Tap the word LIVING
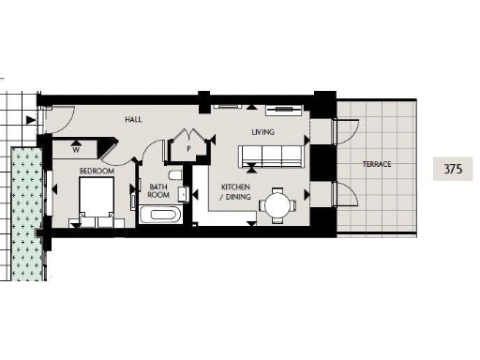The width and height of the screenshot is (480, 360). pyautogui.click(x=262, y=132)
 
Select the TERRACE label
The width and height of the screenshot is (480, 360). pyautogui.click(x=377, y=164)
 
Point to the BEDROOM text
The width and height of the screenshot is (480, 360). pyautogui.click(x=97, y=172)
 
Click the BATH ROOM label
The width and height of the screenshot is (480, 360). pyautogui.click(x=158, y=190)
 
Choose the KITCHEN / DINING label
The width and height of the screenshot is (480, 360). pyautogui.click(x=234, y=192)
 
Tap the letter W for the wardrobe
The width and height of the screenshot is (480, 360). pyautogui.click(x=75, y=148)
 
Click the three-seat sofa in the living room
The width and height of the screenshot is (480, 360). pyautogui.click(x=273, y=158)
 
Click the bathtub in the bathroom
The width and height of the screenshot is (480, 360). pyautogui.click(x=161, y=217)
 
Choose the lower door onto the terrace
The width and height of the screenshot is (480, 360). pyautogui.click(x=339, y=196)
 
